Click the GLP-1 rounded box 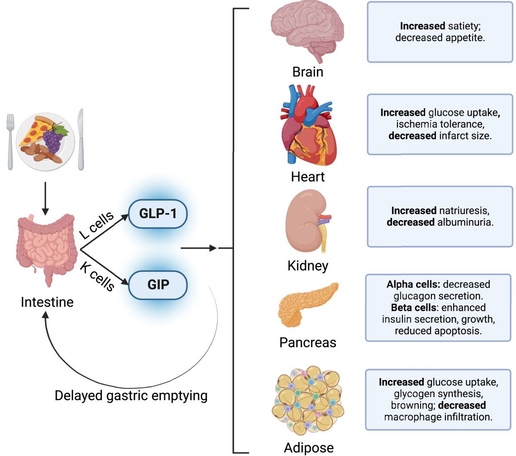(x=158, y=214)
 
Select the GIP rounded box (x=158, y=285)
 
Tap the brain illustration (x=307, y=32)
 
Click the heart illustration (x=307, y=127)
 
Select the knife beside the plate (x=80, y=140)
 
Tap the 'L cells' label (x=97, y=225)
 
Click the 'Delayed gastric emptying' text (x=131, y=395)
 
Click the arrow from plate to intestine (x=45, y=198)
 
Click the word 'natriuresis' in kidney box (x=464, y=211)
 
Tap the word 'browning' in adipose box (x=412, y=405)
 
